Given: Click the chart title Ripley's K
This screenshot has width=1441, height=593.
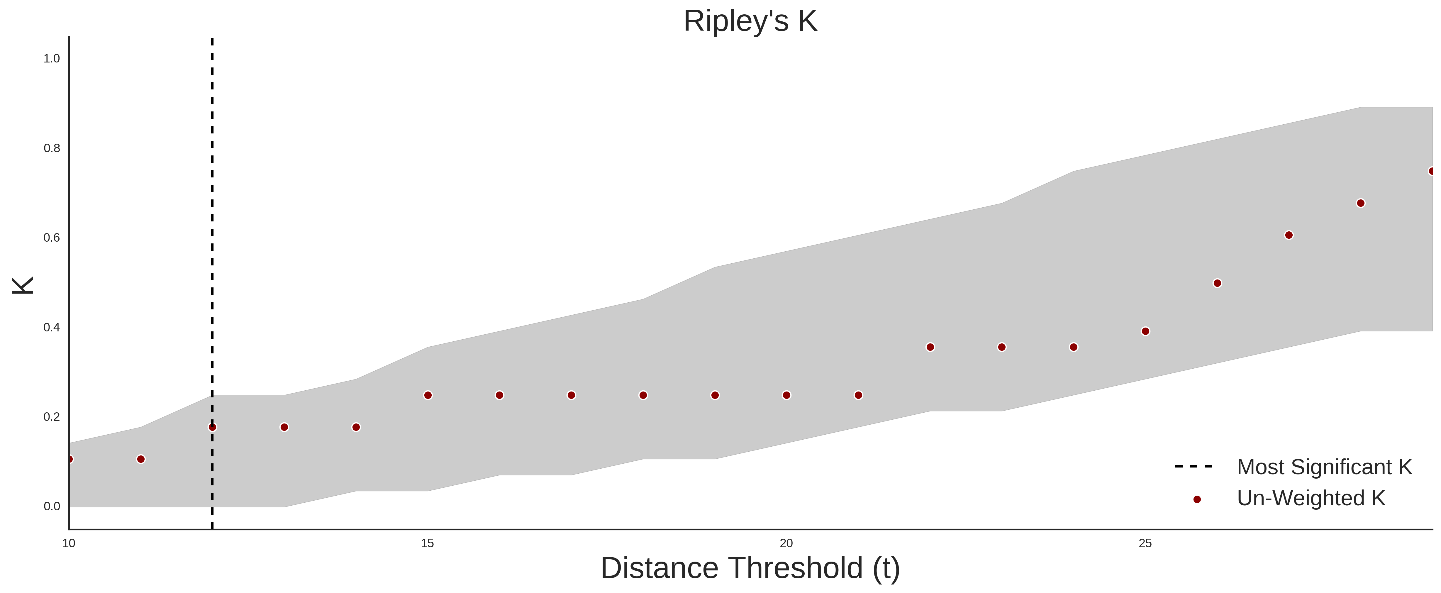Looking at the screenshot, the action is [750, 21].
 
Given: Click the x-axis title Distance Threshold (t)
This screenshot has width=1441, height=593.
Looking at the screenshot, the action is [750, 568].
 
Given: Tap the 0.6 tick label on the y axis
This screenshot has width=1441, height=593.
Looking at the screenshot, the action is [52, 238].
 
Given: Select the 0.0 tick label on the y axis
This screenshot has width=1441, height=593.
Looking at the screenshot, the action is [52, 506].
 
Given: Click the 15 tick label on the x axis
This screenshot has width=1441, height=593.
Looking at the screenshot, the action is [427, 543].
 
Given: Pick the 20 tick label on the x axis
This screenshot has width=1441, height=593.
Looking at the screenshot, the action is [786, 543].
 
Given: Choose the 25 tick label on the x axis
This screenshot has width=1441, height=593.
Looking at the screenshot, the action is [1145, 543].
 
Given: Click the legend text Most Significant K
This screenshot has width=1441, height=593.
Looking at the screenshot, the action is [1324, 467].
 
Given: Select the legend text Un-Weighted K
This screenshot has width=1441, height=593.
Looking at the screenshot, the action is [1311, 498].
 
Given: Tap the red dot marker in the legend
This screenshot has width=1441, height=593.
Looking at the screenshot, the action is [1196, 499].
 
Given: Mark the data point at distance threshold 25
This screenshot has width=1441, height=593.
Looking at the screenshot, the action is [1145, 331].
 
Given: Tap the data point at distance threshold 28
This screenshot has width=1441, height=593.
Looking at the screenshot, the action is [1360, 203].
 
